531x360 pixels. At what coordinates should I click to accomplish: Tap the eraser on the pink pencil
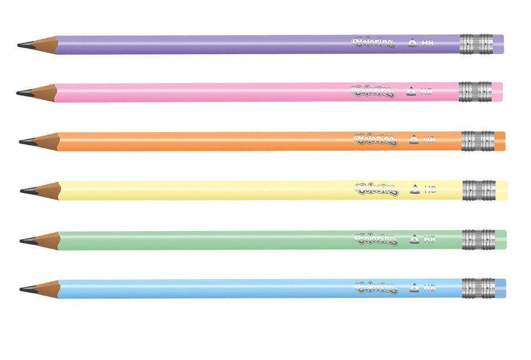coord(497,92)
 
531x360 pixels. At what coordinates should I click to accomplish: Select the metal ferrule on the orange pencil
coord(478,141)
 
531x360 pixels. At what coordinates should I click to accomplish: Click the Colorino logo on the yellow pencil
coord(376,189)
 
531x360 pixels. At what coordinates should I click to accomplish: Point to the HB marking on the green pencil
coord(429,239)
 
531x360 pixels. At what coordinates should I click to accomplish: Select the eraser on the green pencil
coord(500,239)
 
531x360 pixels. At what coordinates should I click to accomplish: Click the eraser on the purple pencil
coord(498,44)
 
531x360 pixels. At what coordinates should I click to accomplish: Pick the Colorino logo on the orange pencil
coord(375,140)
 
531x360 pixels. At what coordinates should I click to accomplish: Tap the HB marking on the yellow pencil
coord(430,189)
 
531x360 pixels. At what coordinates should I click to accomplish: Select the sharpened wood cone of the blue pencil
coord(44,289)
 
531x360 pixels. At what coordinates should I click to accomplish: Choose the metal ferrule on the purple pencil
coord(476,44)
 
